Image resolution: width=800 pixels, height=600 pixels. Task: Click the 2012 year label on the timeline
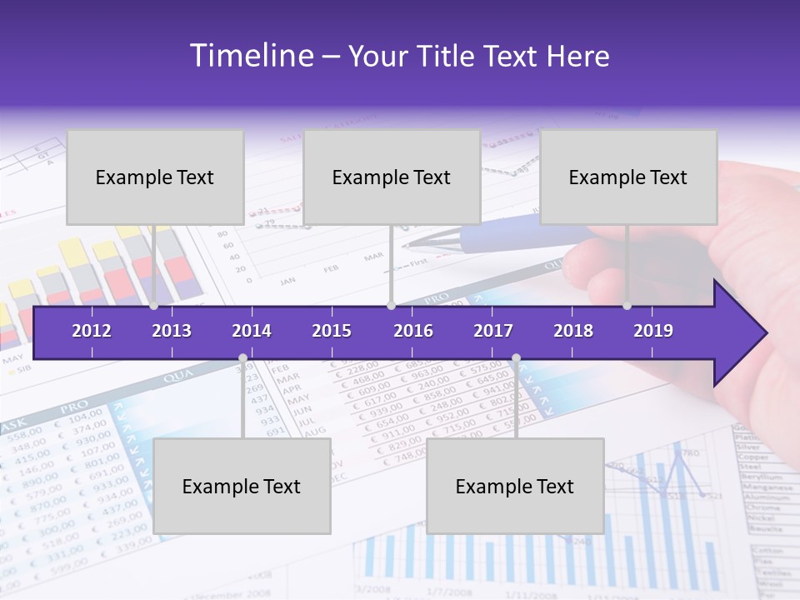[x=92, y=331]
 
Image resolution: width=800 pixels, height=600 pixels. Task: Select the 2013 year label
[x=172, y=331]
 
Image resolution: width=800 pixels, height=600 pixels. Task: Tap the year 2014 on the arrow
[x=252, y=331]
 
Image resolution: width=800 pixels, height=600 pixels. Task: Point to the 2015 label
[x=332, y=331]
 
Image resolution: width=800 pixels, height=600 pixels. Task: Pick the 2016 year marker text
[x=413, y=331]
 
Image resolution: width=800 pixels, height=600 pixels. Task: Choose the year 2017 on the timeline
[x=493, y=331]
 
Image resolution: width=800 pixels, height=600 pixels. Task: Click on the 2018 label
[x=573, y=331]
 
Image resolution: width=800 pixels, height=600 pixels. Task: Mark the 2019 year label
[x=653, y=331]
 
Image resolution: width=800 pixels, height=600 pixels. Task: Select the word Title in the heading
[x=447, y=57]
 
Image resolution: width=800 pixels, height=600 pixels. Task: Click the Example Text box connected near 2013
[x=155, y=177]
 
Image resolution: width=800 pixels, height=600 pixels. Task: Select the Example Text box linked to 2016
[x=392, y=177]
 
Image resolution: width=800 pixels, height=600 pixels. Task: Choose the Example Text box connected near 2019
[x=628, y=177]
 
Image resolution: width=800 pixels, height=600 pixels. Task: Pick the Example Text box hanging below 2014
[x=242, y=486]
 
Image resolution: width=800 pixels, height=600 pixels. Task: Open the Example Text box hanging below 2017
[x=515, y=486]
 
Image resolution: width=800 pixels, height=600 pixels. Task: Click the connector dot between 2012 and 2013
[x=154, y=306]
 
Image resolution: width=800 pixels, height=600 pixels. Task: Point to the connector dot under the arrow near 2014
[x=242, y=358]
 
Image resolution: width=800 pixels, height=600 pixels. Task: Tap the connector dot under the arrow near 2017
[x=516, y=358]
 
